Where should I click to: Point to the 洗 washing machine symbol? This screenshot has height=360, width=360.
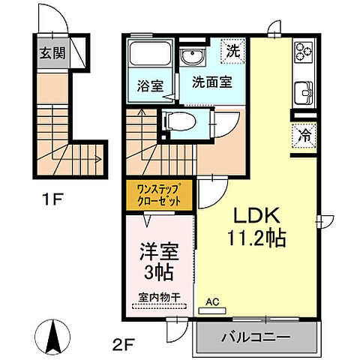[233, 52]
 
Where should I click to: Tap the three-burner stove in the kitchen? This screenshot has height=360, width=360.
[304, 52]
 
